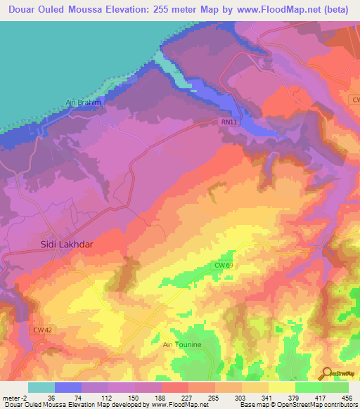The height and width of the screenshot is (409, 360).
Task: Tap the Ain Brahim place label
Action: pos(84,102)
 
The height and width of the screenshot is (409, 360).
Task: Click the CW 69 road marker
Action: pos(224,265)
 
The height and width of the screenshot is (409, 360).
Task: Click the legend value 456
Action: pos(348,397)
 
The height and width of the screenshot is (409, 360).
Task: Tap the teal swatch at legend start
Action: pos(41,387)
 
